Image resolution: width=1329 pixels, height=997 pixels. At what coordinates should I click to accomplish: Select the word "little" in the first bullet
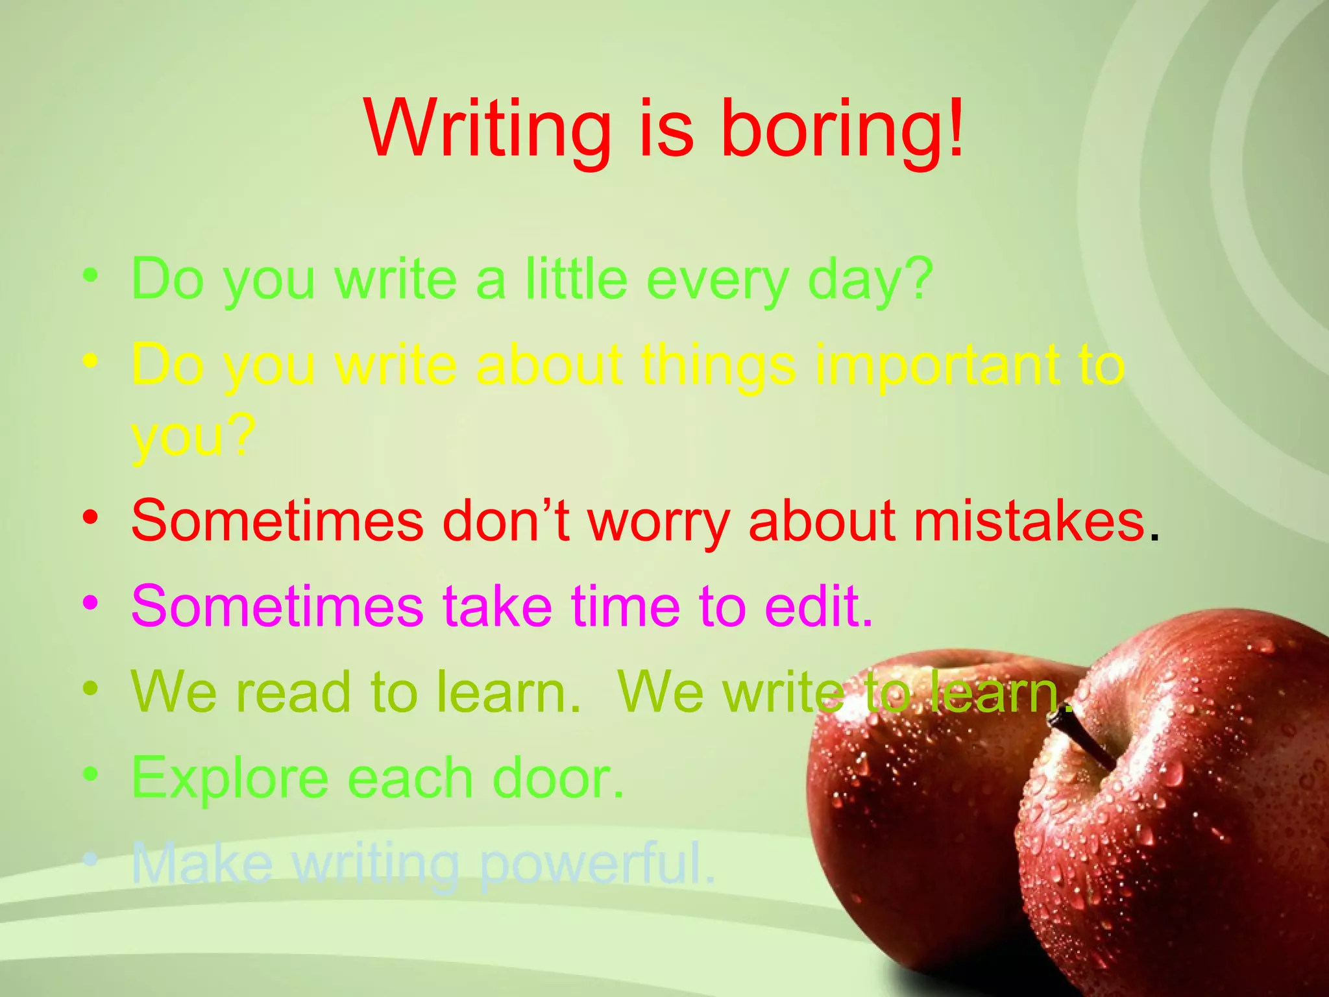point(576,280)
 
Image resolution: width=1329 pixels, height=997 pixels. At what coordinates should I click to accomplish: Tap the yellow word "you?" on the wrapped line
point(191,437)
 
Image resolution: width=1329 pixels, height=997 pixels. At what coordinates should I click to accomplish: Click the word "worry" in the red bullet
point(659,523)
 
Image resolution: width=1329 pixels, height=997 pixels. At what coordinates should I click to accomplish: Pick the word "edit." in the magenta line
point(818,606)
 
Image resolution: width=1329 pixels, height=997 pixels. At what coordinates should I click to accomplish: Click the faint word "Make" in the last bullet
point(202,863)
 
